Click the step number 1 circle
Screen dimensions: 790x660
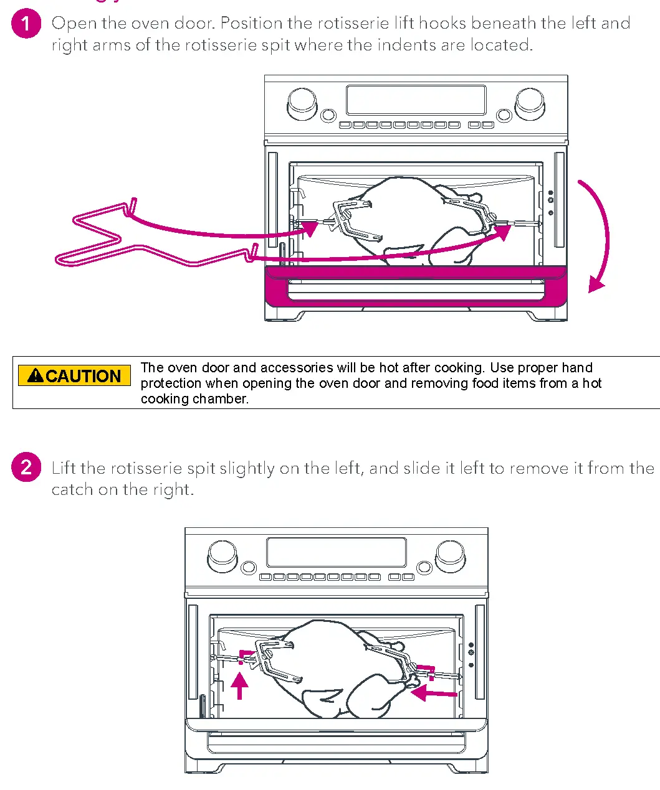pos(26,24)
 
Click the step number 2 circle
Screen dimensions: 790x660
pos(26,468)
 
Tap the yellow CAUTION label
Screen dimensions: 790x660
pos(74,376)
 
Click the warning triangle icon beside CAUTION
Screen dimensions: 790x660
pos(36,375)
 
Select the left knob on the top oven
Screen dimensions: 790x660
pos(302,103)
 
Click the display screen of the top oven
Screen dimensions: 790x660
pos(416,100)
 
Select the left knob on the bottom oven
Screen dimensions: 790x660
pos(222,555)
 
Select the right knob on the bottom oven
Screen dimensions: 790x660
pos(449,555)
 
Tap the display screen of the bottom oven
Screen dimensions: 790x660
pos(337,552)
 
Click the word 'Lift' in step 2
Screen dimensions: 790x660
pos(64,468)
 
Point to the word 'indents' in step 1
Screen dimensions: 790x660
pos(408,45)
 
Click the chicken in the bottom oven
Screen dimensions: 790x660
pos(330,666)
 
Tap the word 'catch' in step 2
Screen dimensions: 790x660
pos(72,490)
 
